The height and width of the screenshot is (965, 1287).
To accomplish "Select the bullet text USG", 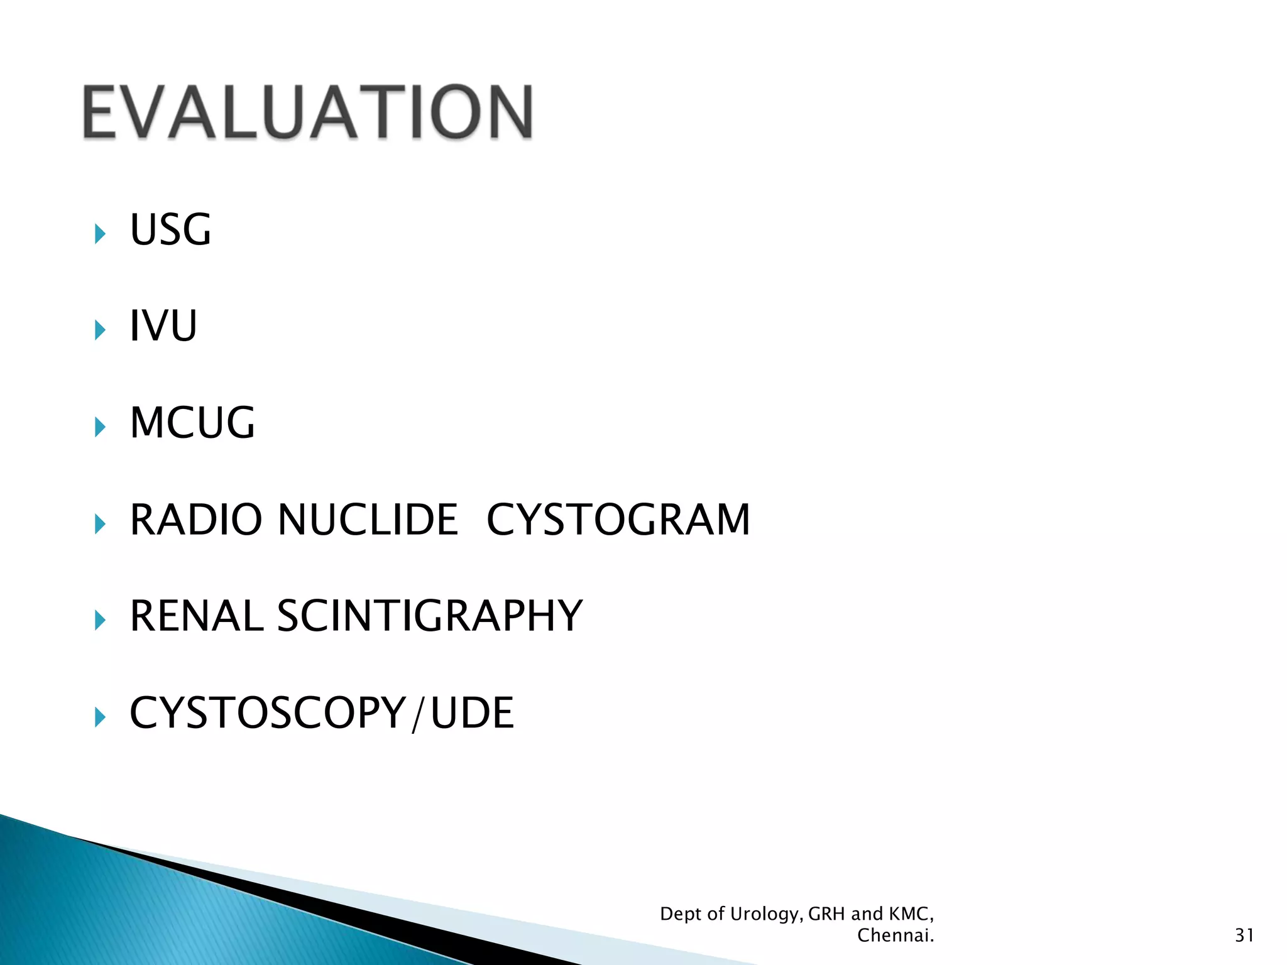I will point(170,230).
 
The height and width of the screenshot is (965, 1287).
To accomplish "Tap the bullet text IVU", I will point(163,326).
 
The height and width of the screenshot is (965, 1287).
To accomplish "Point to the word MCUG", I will point(192,423).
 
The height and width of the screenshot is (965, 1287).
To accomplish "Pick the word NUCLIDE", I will point(368,520).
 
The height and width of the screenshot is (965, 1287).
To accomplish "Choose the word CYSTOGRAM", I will point(618,520).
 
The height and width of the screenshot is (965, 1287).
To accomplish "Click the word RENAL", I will point(196,616).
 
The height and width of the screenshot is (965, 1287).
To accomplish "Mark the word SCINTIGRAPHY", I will point(430,616).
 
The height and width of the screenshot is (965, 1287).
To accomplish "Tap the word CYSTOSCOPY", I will point(268,712).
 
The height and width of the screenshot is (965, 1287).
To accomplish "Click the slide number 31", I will point(1244,935).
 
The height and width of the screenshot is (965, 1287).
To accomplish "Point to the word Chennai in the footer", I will point(895,935).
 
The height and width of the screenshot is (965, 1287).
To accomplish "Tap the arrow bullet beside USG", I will point(100,234).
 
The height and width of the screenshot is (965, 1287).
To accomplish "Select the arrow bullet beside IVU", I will point(100,330).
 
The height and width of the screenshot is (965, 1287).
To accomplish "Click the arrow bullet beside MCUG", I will point(100,427).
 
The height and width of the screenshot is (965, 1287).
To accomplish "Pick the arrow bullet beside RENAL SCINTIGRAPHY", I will point(100,620).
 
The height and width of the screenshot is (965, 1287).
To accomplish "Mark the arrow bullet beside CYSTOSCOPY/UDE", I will point(100,717).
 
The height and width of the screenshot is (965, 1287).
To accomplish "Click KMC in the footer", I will point(911,913).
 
